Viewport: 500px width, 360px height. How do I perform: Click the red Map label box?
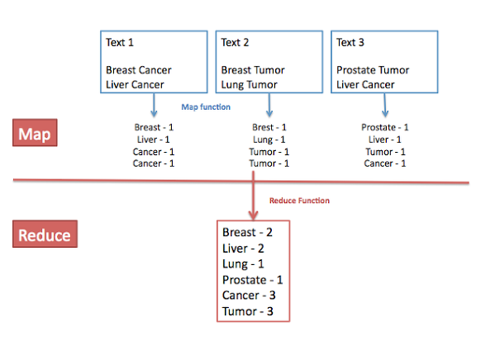pyautogui.click(x=35, y=133)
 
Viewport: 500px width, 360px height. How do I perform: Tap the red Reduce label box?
pyautogui.click(x=45, y=234)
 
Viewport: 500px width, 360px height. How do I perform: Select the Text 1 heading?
pyautogui.click(x=120, y=42)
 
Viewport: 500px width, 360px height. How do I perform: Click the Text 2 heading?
pyautogui.click(x=235, y=42)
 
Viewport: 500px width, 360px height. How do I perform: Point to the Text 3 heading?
pyautogui.click(x=350, y=42)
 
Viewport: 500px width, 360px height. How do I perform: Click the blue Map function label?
pyautogui.click(x=206, y=107)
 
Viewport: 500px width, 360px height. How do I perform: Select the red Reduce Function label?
pyautogui.click(x=299, y=201)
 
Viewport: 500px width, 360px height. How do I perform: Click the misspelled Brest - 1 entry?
pyautogui.click(x=269, y=127)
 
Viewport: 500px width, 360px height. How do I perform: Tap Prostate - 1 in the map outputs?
pyautogui.click(x=385, y=127)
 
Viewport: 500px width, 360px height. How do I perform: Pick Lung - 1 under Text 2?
pyautogui.click(x=269, y=140)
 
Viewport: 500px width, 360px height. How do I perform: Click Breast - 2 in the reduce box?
pyautogui.click(x=247, y=232)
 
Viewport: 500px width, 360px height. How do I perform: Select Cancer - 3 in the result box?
pyautogui.click(x=249, y=296)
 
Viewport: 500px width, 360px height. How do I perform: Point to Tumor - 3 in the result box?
pyautogui.click(x=248, y=311)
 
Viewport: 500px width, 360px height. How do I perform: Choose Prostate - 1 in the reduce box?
pyautogui.click(x=253, y=280)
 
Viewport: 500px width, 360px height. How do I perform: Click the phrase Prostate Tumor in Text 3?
pyautogui.click(x=373, y=70)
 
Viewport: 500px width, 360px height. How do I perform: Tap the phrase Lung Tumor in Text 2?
pyautogui.click(x=250, y=85)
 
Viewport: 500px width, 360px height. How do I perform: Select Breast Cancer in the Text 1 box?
pyautogui.click(x=139, y=70)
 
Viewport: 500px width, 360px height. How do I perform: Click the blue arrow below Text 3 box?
pyautogui.click(x=385, y=105)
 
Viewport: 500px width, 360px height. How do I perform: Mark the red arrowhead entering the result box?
pyautogui.click(x=253, y=216)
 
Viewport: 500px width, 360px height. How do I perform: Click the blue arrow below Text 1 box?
pyautogui.click(x=154, y=105)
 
